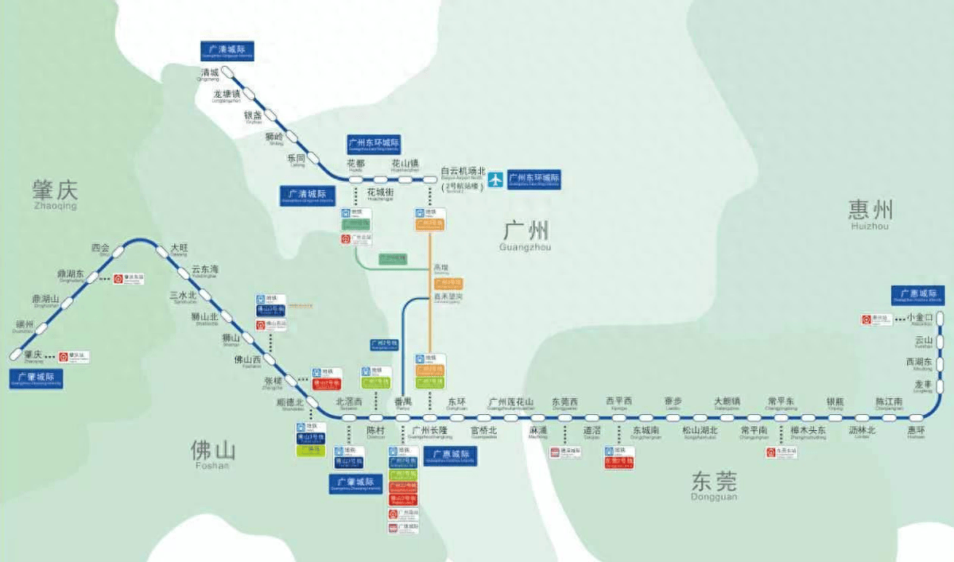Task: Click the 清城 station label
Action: click(x=207, y=72)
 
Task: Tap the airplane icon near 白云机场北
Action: click(x=495, y=179)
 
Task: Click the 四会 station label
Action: click(x=101, y=248)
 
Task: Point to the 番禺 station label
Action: click(x=403, y=401)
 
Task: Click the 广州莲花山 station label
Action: click(x=510, y=402)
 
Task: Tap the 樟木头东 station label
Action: click(x=808, y=432)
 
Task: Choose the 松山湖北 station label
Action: click(x=700, y=432)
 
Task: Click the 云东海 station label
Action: click(x=204, y=270)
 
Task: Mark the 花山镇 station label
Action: click(x=404, y=165)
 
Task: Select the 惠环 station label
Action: click(x=916, y=432)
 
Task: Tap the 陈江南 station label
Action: click(x=889, y=402)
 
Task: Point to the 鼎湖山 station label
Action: click(x=46, y=300)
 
